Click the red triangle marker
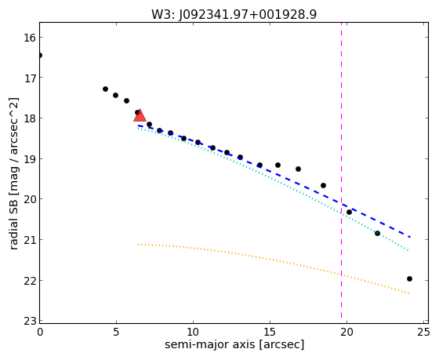tap(140, 115)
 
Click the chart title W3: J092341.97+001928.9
tap(234, 15)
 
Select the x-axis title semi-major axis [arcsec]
tap(234, 344)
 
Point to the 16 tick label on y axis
tap(30, 38)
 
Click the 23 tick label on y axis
tap(30, 321)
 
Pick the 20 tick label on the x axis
tap(346, 332)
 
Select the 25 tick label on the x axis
tap(423, 332)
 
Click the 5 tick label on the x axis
tap(116, 332)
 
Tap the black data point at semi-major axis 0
tap(40, 55)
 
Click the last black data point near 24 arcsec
tap(409, 278)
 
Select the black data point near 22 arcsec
tap(377, 233)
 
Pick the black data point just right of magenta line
tap(349, 212)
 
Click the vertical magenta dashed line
tap(341, 169)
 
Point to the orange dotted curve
tap(274, 260)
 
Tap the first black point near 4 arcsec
tap(105, 89)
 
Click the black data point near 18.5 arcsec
tap(323, 185)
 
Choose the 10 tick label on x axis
tap(193, 332)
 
